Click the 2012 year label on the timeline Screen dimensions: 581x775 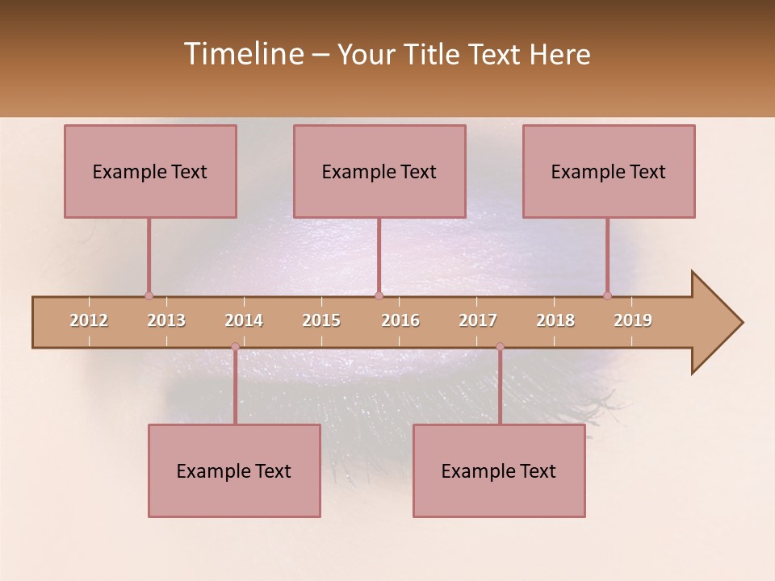[89, 320]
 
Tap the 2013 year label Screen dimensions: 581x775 [166, 320]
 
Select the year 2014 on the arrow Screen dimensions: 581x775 [244, 320]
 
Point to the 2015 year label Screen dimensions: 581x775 [321, 320]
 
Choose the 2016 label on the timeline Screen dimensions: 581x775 [400, 320]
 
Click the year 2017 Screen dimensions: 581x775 [478, 320]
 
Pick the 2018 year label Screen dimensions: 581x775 [555, 320]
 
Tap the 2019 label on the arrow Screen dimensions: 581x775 [633, 320]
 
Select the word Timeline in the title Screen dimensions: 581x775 [242, 54]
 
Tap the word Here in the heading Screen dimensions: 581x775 [560, 54]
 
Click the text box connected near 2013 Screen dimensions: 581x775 [150, 171]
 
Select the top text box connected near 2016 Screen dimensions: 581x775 [379, 171]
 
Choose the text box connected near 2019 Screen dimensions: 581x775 [609, 171]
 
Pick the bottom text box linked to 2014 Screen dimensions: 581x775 [234, 470]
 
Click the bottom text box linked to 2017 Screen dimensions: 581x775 [499, 470]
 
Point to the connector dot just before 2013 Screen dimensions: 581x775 [149, 295]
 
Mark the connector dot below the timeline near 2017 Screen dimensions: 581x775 [500, 347]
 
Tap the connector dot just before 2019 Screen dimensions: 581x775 [607, 295]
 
